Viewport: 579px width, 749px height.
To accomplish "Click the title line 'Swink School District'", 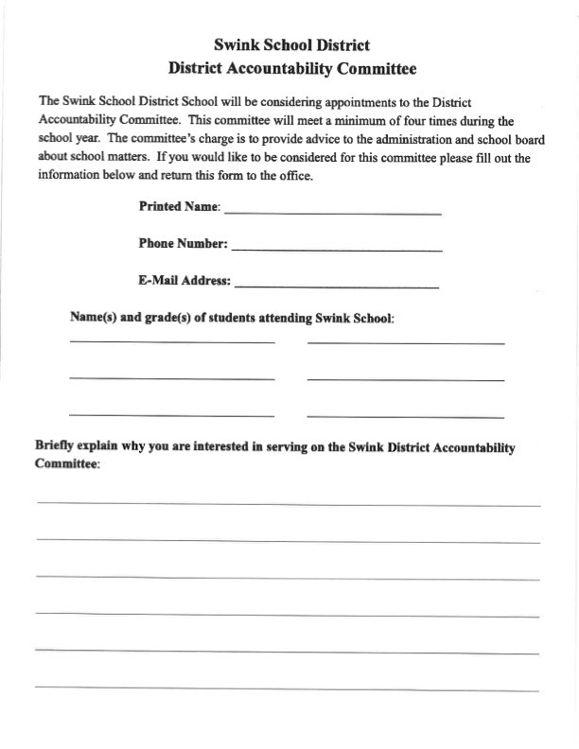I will tap(291, 44).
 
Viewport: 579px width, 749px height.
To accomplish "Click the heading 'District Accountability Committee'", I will tap(291, 68).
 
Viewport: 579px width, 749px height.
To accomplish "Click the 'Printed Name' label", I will tap(179, 206).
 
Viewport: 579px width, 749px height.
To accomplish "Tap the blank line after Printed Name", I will tap(332, 214).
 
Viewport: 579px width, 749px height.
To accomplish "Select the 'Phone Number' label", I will tap(183, 243).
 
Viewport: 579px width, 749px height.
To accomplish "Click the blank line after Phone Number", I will tap(337, 250).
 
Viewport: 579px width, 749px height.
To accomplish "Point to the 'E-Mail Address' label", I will tap(184, 280).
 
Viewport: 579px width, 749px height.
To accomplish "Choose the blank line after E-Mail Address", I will tap(337, 286).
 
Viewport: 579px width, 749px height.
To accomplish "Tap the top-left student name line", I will tap(171, 341).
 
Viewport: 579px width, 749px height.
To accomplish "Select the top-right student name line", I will tap(405, 342).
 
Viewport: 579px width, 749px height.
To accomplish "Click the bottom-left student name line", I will tap(171, 415).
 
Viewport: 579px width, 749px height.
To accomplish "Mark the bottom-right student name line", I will tap(405, 416).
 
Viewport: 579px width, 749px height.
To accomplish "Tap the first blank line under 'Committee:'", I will tap(289, 505).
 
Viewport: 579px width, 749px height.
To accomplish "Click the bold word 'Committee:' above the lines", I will tap(67, 465).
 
